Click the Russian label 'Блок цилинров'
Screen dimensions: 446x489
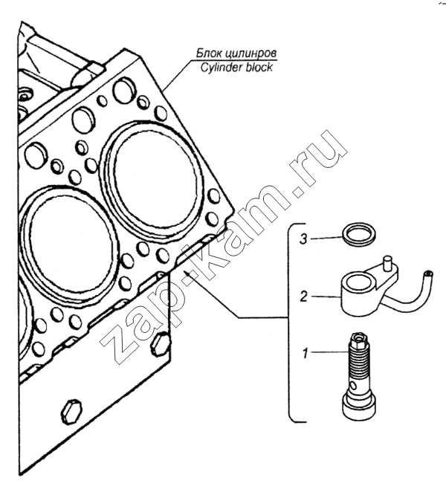point(236,54)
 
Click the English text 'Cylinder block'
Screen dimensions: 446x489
point(236,68)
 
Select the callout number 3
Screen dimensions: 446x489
point(303,239)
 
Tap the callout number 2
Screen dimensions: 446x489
point(303,297)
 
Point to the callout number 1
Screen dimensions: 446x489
point(306,353)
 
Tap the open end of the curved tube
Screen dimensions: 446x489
point(428,274)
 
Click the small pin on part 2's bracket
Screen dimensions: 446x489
point(387,262)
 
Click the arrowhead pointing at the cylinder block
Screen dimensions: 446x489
point(187,273)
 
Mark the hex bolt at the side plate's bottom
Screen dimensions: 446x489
point(72,412)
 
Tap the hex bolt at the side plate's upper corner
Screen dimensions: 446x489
point(161,344)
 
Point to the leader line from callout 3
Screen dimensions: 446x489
point(326,239)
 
